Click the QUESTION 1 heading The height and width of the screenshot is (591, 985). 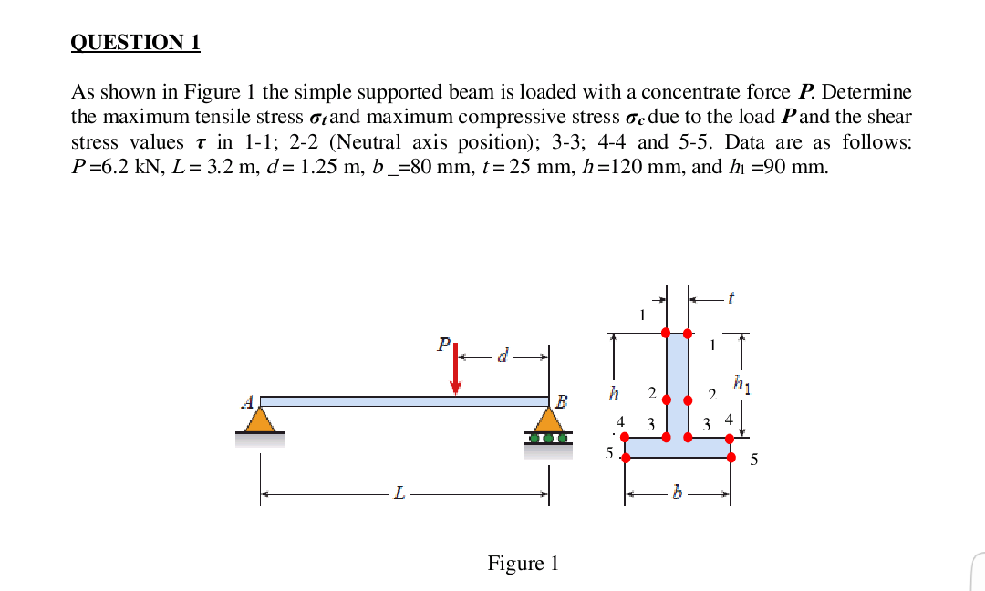pyautogui.click(x=136, y=42)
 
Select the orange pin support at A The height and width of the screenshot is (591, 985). pyautogui.click(x=260, y=419)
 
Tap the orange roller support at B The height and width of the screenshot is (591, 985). pyautogui.click(x=548, y=422)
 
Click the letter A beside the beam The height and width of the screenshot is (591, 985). pyautogui.click(x=247, y=400)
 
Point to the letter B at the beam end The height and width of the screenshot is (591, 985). pyautogui.click(x=562, y=401)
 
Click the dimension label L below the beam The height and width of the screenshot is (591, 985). pyautogui.click(x=399, y=495)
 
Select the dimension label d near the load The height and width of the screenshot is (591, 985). pyautogui.click(x=502, y=354)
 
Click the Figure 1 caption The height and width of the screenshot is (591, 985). pyautogui.click(x=523, y=564)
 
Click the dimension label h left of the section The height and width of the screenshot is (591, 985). pyautogui.click(x=615, y=394)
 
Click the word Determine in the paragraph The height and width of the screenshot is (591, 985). pyautogui.click(x=866, y=92)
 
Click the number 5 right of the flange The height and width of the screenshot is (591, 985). pyautogui.click(x=753, y=460)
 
